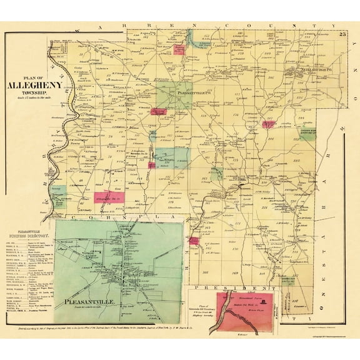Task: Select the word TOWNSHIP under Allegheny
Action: pyautogui.click(x=39, y=95)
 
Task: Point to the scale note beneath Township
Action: pyautogui.click(x=39, y=101)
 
